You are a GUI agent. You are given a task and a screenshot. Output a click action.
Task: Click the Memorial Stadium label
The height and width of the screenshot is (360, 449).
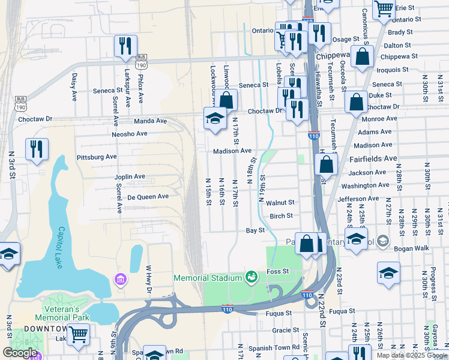click(207, 278)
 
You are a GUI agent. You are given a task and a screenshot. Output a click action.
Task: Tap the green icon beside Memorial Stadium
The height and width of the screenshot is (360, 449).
click(251, 277)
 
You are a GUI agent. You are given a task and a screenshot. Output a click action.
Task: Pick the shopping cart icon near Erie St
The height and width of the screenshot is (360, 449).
click(383, 9)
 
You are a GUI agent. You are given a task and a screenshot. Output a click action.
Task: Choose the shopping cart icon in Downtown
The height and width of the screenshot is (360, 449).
click(78, 334)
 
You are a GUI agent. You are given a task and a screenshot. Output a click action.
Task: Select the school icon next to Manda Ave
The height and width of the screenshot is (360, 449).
click(214, 118)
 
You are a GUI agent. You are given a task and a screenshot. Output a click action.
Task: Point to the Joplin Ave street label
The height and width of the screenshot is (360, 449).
click(130, 176)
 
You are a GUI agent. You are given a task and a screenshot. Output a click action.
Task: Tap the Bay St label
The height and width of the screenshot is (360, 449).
click(256, 230)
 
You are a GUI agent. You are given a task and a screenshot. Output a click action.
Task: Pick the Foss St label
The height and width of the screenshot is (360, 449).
click(278, 271)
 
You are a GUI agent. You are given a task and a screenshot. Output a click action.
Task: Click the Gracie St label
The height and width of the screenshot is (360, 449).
click(281, 330)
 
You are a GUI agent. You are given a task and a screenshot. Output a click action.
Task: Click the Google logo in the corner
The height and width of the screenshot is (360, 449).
click(19, 353)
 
